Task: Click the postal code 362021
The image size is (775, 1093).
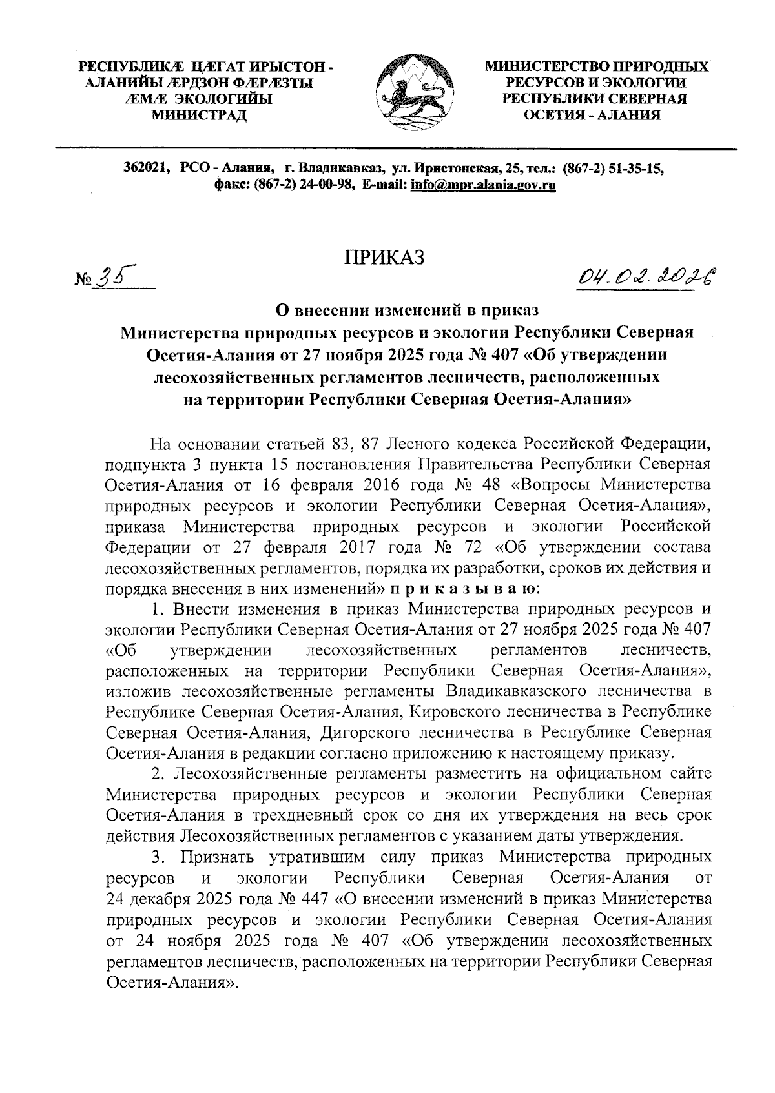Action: (147, 169)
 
